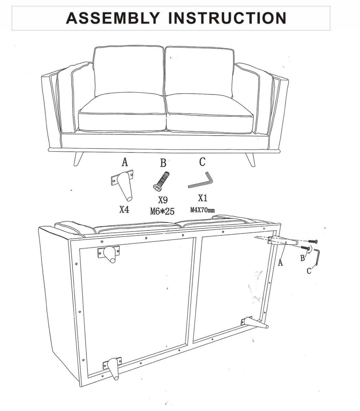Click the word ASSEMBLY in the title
[113, 18]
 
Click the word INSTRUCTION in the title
[227, 18]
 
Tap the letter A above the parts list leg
[125, 162]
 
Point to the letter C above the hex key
[202, 162]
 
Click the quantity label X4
[124, 210]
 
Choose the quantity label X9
[163, 200]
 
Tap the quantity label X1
[203, 198]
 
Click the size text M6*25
[162, 211]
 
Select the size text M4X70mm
[203, 210]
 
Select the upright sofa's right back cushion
[199, 72]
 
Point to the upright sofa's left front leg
[78, 159]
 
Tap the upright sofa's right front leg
[250, 160]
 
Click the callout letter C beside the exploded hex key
[309, 271]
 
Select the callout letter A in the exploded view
[280, 262]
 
